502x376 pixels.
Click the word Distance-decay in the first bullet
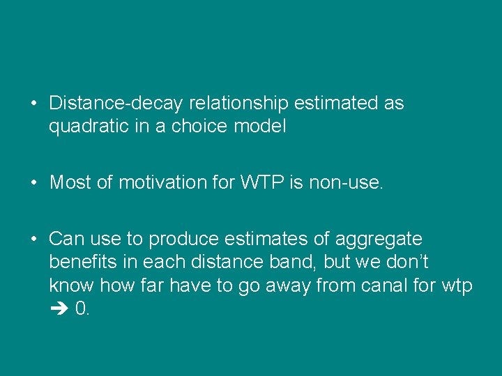pyautogui.click(x=115, y=104)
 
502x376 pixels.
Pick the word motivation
pyautogui.click(x=163, y=183)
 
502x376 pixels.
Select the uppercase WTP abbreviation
pyautogui.click(x=259, y=183)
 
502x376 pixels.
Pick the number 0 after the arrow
pyautogui.click(x=80, y=309)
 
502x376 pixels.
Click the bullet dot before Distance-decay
pyautogui.click(x=33, y=104)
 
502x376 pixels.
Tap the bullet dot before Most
pyautogui.click(x=33, y=183)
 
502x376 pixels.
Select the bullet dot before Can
pyautogui.click(x=33, y=240)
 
